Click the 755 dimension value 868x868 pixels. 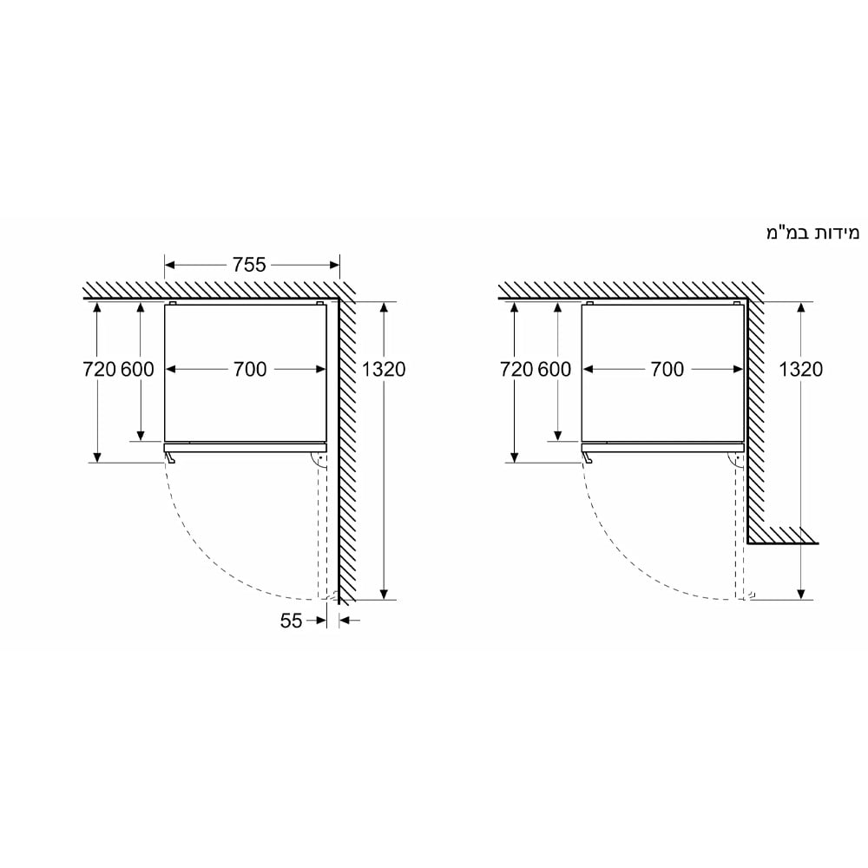[249, 265]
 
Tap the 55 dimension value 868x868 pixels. [291, 621]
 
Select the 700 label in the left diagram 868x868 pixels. [250, 369]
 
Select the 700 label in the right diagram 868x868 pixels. [667, 369]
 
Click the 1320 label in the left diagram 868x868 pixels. [384, 369]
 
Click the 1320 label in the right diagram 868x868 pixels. [800, 369]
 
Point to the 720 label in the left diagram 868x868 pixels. [99, 369]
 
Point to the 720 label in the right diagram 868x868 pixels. [516, 369]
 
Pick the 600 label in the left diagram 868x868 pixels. [137, 369]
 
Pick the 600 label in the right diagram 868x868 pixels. [555, 369]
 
